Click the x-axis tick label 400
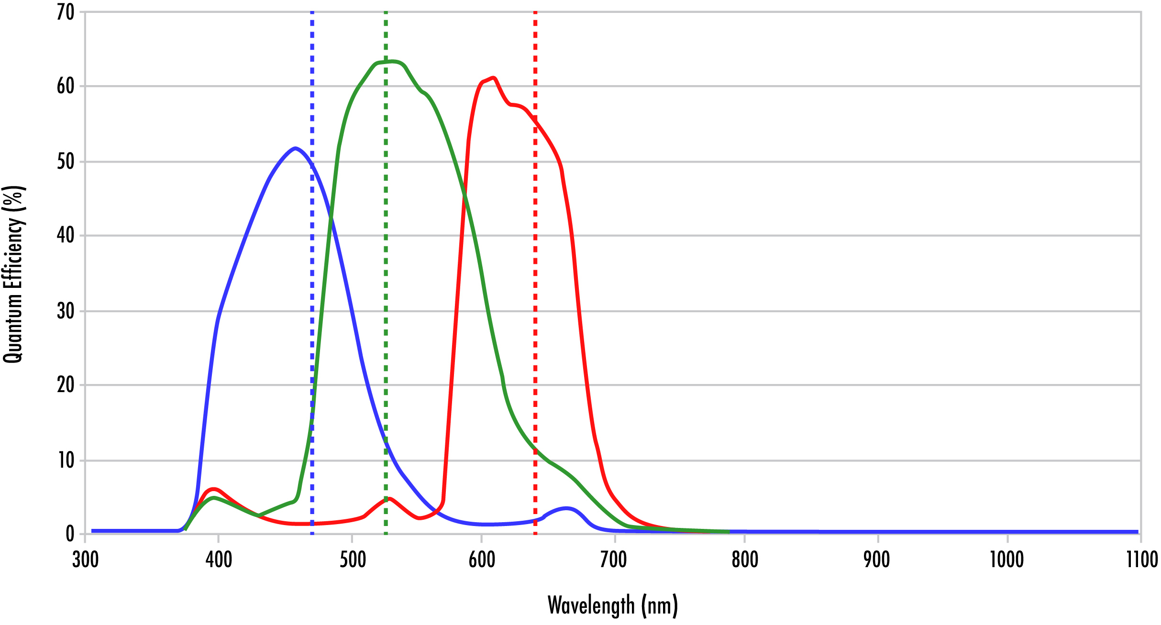coord(219,559)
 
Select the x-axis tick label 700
coord(614,559)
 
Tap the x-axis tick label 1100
coord(1142,559)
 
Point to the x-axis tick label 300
coord(86,559)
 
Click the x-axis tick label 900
coord(877,559)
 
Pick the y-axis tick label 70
coord(66,12)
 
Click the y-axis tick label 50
coord(66,162)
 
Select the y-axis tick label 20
coord(66,385)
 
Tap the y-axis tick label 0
coord(70,534)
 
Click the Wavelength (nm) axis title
coord(613,605)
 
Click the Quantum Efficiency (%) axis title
coord(13,274)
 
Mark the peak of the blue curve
coord(296,148)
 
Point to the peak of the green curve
coord(392,61)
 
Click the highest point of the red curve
coord(493,77)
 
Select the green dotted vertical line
coord(386,287)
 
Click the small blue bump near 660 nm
coord(566,508)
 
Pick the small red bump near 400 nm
coord(214,489)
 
